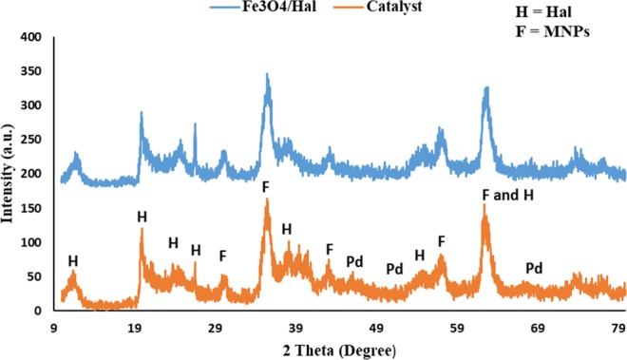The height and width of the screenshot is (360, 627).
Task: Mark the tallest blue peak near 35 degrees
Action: point(267,74)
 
